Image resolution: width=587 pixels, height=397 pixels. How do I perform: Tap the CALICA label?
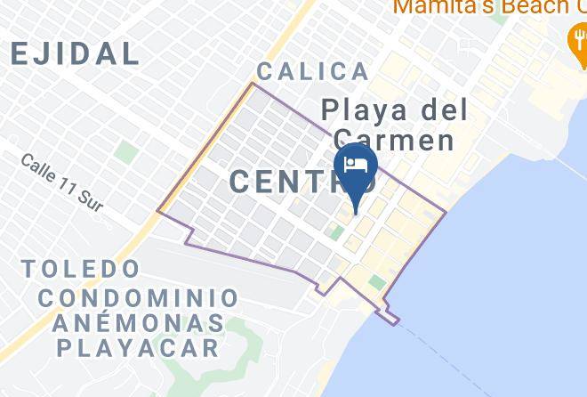click(312, 72)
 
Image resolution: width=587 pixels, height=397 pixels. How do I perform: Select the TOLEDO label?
click(81, 268)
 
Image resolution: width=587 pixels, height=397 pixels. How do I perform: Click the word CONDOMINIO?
click(138, 297)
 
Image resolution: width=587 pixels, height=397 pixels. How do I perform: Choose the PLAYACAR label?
click(138, 347)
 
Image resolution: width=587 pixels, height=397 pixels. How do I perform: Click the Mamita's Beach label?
click(480, 7)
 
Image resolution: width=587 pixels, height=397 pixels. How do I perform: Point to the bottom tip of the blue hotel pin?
click(356, 213)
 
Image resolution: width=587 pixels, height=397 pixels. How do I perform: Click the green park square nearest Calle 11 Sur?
click(125, 152)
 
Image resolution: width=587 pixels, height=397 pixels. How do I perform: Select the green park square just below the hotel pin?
click(337, 232)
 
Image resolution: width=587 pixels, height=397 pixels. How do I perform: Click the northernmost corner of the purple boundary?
click(253, 84)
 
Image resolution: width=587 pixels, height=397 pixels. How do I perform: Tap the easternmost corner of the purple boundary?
click(445, 212)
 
